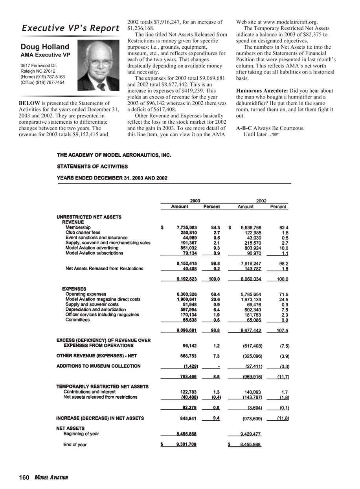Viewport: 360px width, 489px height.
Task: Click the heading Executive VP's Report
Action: point(71,28)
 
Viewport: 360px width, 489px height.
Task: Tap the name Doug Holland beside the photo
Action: point(45,47)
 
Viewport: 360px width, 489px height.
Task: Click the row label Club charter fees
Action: point(83,233)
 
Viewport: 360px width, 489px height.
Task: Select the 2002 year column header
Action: point(261,201)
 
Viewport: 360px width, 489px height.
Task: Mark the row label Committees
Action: point(77,320)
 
